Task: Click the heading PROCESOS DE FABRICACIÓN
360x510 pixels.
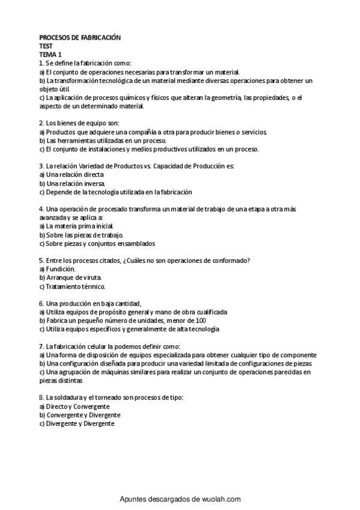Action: click(x=80, y=37)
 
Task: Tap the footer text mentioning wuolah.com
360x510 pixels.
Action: click(x=180, y=499)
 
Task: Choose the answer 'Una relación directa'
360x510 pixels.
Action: click(x=75, y=174)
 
